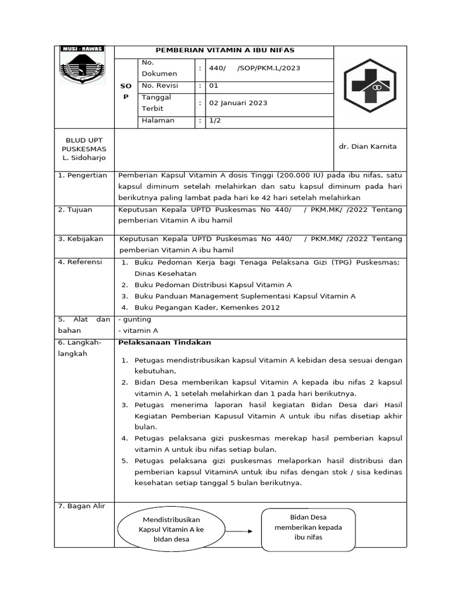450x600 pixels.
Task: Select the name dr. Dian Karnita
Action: [367, 146]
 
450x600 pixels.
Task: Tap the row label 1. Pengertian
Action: [83, 175]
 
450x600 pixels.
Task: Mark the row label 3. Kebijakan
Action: [81, 238]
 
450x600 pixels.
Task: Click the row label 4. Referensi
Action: [80, 262]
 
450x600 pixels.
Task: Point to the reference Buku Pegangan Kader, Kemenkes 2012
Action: [207, 307]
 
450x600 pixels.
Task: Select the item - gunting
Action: [135, 319]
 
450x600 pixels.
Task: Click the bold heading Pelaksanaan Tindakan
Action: [165, 342]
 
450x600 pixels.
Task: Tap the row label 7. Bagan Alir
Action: [81, 506]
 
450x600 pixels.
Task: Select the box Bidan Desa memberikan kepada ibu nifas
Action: [308, 527]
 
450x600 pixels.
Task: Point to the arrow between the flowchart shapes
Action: [238, 531]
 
